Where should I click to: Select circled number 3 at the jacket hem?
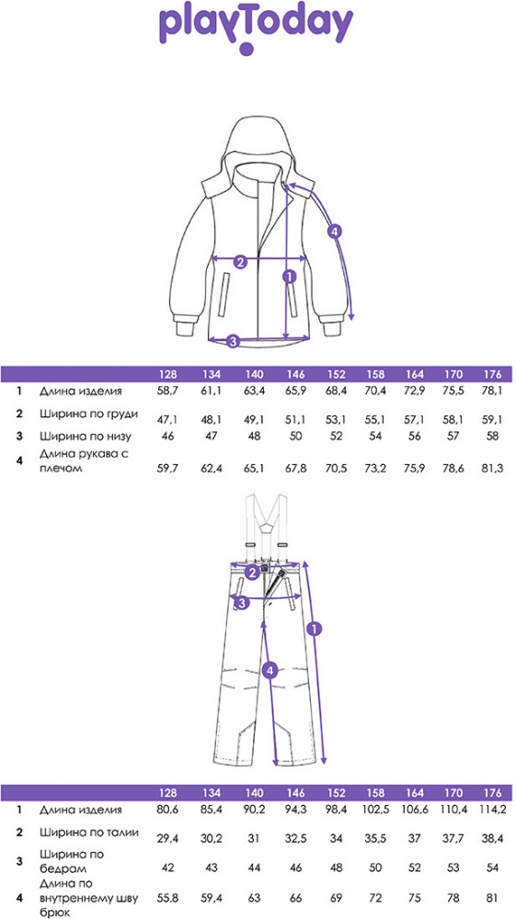point(233,341)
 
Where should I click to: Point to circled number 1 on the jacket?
point(288,276)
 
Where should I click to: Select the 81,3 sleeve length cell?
point(492,470)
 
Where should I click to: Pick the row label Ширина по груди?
point(89,414)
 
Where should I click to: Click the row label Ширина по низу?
point(86,436)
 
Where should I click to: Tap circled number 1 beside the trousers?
point(315,629)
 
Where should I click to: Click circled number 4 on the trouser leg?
point(269,671)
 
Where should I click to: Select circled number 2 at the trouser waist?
point(252,573)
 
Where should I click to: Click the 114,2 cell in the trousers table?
point(492,810)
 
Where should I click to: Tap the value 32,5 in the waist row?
point(297,839)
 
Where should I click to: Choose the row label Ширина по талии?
point(89,833)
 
